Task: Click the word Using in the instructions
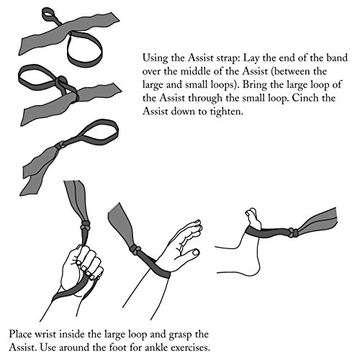coord(155,58)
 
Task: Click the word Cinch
coord(305,98)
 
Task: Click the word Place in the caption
coord(20,334)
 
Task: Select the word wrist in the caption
coord(45,334)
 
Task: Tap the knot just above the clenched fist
coord(85,226)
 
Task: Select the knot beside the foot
coord(293,232)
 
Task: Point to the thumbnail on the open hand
coord(196,252)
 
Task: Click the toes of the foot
coord(251,212)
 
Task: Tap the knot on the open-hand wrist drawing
coord(136,249)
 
